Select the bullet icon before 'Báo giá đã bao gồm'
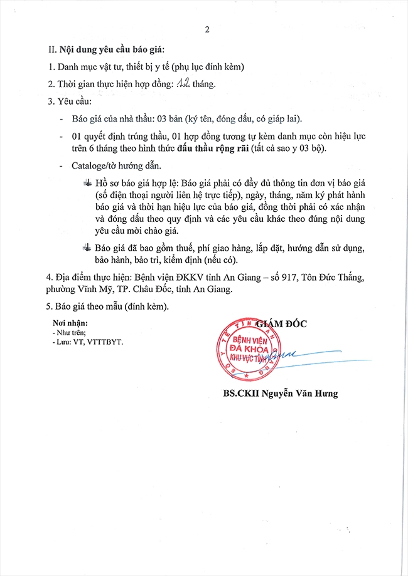pyautogui.click(x=86, y=247)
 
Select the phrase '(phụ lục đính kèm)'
pyautogui.click(x=207, y=66)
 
